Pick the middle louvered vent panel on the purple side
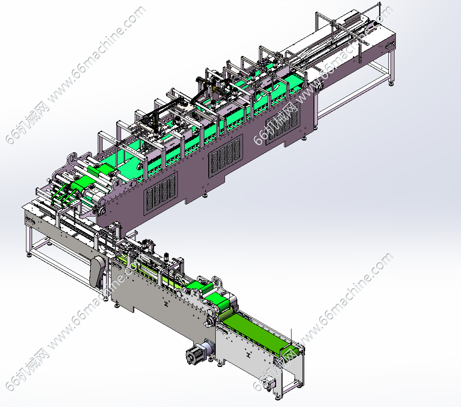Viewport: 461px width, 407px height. [x=226, y=156]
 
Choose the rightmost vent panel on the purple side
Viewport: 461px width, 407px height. [x=283, y=124]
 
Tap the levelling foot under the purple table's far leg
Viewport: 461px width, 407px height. [x=391, y=83]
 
